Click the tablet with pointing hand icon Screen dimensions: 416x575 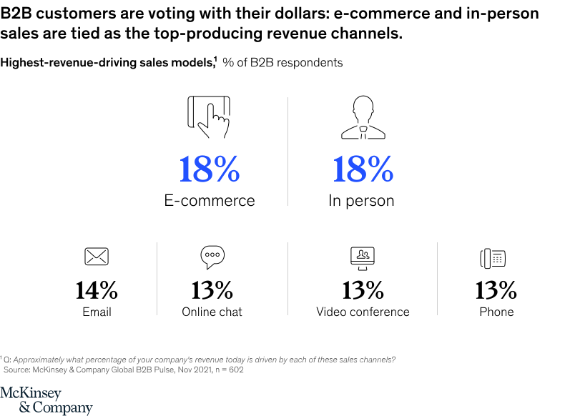(x=209, y=116)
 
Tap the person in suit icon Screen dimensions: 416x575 (x=362, y=118)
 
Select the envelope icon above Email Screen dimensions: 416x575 (x=96, y=256)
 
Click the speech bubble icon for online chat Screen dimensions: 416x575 (x=212, y=256)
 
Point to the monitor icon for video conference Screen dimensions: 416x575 (x=363, y=257)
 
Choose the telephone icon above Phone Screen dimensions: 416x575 (x=493, y=258)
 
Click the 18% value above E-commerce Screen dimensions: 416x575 (x=209, y=170)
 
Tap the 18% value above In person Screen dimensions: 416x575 (x=363, y=170)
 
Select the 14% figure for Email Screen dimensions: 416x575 (x=97, y=289)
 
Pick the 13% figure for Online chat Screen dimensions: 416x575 (x=212, y=289)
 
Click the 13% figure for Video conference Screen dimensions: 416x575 (x=363, y=289)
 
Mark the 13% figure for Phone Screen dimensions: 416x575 (x=496, y=289)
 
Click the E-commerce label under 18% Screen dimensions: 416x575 (x=210, y=201)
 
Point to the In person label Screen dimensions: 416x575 (x=361, y=201)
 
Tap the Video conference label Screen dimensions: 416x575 (x=363, y=312)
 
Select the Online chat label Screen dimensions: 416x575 (x=212, y=312)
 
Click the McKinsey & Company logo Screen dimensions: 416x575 (x=46, y=400)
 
